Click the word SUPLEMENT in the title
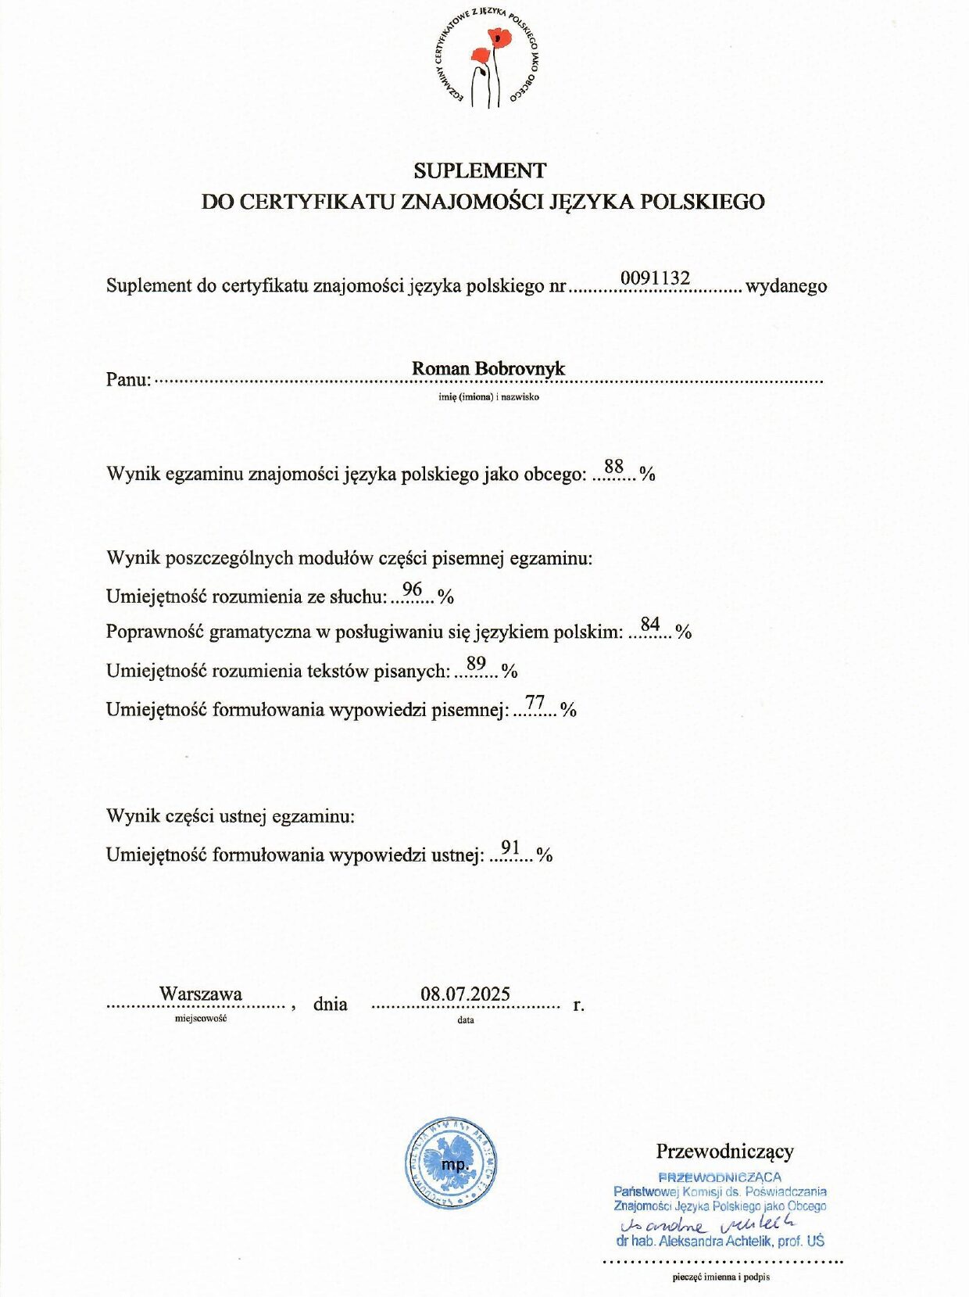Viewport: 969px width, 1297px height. [480, 170]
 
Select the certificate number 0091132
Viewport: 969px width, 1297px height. [655, 278]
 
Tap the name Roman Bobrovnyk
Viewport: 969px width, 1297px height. [488, 368]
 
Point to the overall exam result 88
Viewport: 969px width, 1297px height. [614, 467]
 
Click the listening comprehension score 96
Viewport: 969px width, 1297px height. [412, 589]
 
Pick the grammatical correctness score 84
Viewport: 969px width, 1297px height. [650, 624]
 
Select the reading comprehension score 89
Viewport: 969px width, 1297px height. [476, 663]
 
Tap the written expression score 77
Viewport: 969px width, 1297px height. [535, 702]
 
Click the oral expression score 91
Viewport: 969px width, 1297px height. [510, 847]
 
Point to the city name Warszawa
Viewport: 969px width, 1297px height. [201, 994]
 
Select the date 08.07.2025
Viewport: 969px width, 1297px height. [465, 994]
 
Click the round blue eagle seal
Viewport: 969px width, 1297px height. [451, 1163]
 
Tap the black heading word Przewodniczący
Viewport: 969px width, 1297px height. [724, 1151]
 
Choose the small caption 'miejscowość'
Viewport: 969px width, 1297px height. [201, 1019]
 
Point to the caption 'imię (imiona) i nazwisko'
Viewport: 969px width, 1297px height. [488, 396]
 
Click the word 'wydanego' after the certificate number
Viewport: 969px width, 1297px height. [786, 286]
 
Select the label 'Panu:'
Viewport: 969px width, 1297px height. [128, 380]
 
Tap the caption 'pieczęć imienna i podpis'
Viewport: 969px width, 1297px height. [720, 1277]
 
